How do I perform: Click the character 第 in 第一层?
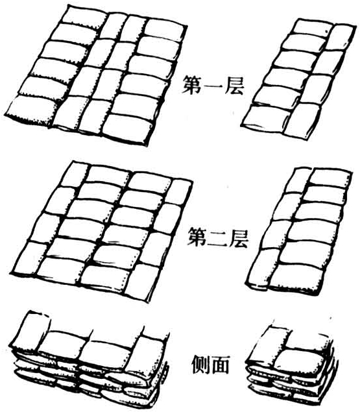193,84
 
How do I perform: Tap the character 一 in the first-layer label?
213,86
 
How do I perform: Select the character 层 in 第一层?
234,84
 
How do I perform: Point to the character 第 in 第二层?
198,237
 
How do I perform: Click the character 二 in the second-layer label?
218,238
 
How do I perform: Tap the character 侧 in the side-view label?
201,365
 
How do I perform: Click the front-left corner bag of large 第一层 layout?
30,111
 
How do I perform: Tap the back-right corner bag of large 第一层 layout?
164,30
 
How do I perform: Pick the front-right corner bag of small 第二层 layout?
297,279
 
